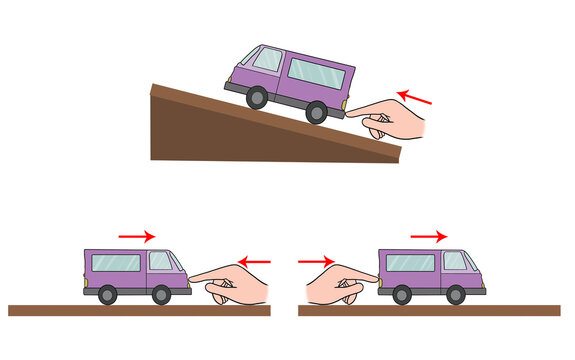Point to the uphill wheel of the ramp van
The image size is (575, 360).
[x=257, y=96]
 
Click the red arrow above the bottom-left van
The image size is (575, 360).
[x=136, y=236]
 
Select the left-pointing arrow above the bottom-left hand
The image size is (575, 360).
[x=255, y=262]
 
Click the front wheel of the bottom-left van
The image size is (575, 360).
[x=160, y=294]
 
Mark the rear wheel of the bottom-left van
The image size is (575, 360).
[x=106, y=294]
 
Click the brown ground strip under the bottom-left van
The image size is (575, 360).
[x=139, y=310]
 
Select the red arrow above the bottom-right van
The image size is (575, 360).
[x=428, y=236]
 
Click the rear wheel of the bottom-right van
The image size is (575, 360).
[x=402, y=294]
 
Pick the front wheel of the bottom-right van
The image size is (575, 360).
[x=455, y=294]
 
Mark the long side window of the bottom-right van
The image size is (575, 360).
[x=411, y=263]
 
